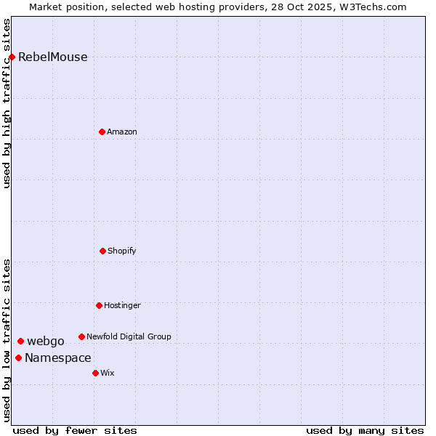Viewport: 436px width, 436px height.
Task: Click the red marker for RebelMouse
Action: pos(12,57)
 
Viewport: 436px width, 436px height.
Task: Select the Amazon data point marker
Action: pos(102,132)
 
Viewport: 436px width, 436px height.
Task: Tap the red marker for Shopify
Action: pos(102,251)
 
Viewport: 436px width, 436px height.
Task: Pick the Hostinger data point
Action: pos(99,305)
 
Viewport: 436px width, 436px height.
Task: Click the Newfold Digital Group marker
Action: pos(81,336)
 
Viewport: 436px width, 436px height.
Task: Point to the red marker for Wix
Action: pos(95,373)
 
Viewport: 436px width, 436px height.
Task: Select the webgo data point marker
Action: pos(20,341)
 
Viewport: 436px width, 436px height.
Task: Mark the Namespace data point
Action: pos(18,358)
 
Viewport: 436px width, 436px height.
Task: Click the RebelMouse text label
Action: pos(52,57)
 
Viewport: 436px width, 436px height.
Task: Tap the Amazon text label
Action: pos(122,132)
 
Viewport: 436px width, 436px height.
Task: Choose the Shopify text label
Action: pos(122,251)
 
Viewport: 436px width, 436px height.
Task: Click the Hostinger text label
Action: pos(122,305)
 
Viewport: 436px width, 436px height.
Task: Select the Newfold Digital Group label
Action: pos(129,336)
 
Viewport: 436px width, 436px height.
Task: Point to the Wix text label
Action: pos(108,373)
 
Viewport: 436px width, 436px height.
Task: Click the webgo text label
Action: pos(46,342)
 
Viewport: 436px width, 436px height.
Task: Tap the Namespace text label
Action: pos(58,358)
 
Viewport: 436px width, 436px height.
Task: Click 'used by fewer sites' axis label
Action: pos(75,430)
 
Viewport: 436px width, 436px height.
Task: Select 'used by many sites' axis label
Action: pos(365,430)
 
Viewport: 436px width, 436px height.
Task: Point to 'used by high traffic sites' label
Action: pos(7,103)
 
